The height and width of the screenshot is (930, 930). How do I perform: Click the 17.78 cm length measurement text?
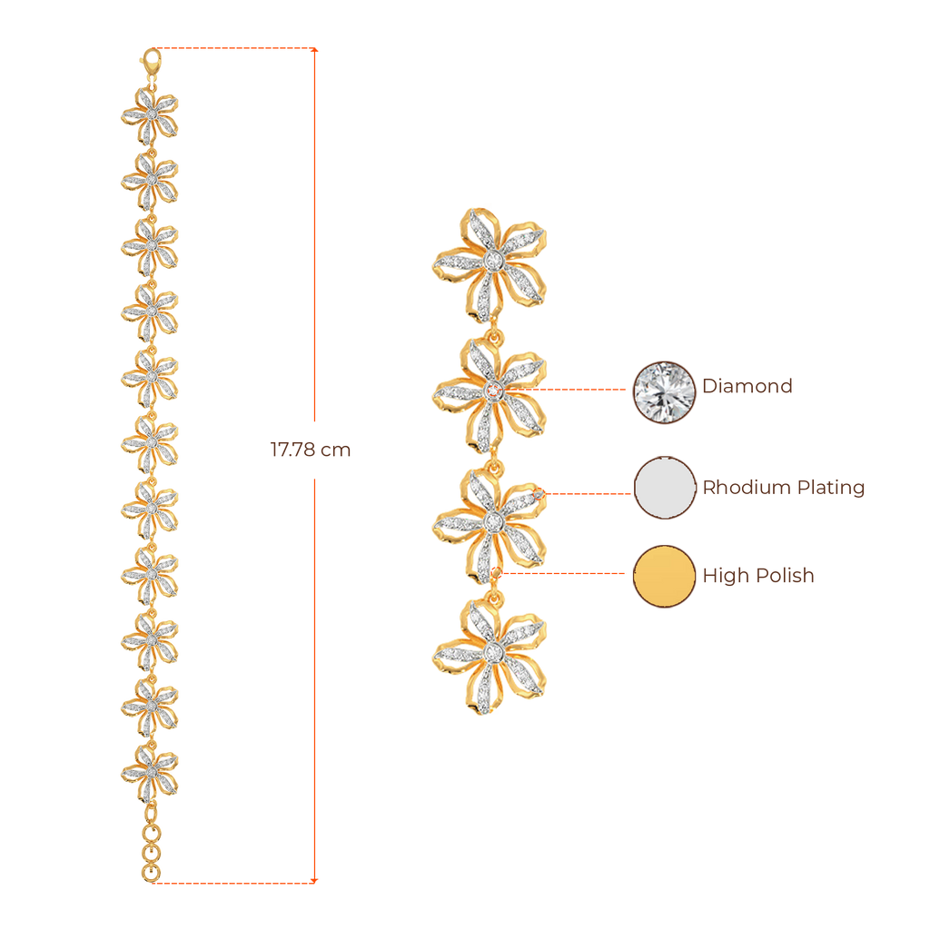tap(311, 450)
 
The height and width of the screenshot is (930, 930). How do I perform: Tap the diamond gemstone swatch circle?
tap(664, 391)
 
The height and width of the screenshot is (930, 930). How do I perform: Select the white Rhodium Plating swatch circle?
tap(664, 487)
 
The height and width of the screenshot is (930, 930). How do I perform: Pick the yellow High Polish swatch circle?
tap(664, 576)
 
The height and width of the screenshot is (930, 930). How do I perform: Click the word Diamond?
tap(747, 385)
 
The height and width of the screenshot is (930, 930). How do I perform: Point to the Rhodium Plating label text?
tap(783, 488)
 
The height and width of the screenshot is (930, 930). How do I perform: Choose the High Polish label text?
tap(757, 576)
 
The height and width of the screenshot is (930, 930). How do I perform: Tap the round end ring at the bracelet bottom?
tap(152, 873)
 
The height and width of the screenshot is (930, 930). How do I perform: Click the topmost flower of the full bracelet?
tap(151, 113)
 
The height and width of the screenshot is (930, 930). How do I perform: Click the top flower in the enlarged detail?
tap(491, 262)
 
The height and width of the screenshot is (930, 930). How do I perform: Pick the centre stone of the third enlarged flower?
tap(492, 520)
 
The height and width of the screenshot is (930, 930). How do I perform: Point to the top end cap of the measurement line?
tap(314, 49)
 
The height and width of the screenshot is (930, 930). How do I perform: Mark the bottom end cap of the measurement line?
tap(314, 880)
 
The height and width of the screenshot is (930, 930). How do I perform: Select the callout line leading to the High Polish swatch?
tap(563, 574)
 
